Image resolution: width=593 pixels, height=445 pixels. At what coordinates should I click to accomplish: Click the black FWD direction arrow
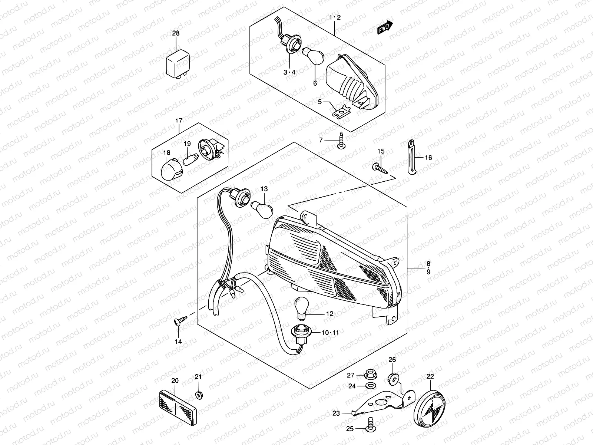coord(385,28)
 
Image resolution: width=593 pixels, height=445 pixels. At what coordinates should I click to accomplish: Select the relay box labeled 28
coord(178,64)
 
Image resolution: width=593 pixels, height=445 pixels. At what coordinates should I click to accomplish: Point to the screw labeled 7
coord(341,141)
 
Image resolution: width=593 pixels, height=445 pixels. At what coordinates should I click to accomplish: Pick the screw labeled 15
coord(380,168)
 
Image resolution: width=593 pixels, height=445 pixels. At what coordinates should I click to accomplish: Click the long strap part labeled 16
coord(411,157)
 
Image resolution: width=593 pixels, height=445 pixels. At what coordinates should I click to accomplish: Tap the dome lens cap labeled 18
coord(172,169)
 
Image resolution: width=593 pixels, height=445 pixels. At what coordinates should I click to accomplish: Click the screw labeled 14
coord(181,321)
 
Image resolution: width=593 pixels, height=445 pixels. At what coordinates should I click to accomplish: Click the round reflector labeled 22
coord(429,408)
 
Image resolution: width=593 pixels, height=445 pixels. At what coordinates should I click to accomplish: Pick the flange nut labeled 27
coord(371,375)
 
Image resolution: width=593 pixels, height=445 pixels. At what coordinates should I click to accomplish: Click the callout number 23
coord(336,413)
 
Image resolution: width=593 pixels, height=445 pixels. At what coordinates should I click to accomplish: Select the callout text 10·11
coord(330,333)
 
